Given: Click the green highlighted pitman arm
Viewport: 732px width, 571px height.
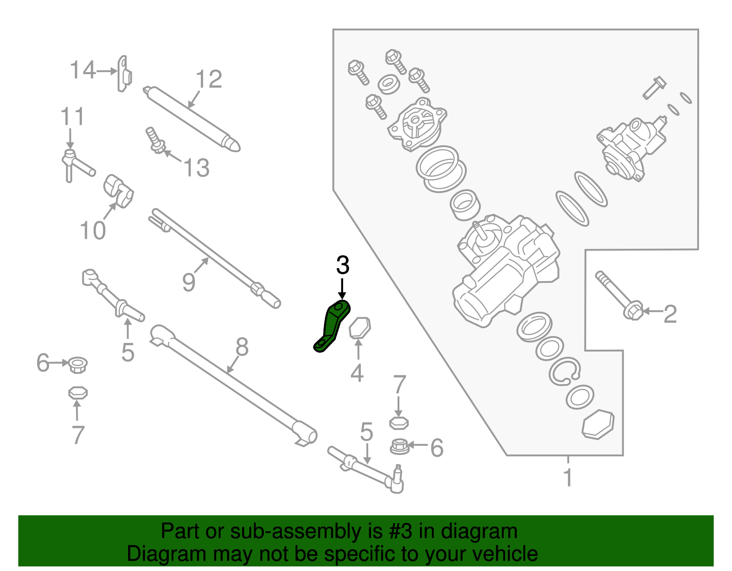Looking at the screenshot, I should (x=333, y=326).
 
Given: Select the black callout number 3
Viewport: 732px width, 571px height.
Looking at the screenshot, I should (x=343, y=265).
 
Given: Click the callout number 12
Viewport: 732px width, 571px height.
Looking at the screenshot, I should (x=209, y=80).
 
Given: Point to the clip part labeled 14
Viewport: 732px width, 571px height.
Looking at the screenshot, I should (x=124, y=74).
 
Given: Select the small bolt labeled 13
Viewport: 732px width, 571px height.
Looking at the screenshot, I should (x=155, y=141).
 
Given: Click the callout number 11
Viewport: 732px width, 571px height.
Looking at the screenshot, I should (x=72, y=117).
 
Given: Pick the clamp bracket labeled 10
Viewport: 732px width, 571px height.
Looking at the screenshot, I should (x=119, y=191).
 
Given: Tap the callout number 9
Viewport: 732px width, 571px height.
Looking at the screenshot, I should (x=188, y=282).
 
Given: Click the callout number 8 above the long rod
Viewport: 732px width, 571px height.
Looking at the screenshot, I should (x=242, y=347).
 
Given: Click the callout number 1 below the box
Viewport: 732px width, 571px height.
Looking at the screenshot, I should (x=568, y=478).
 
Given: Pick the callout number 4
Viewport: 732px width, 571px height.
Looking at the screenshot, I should (x=357, y=373).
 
